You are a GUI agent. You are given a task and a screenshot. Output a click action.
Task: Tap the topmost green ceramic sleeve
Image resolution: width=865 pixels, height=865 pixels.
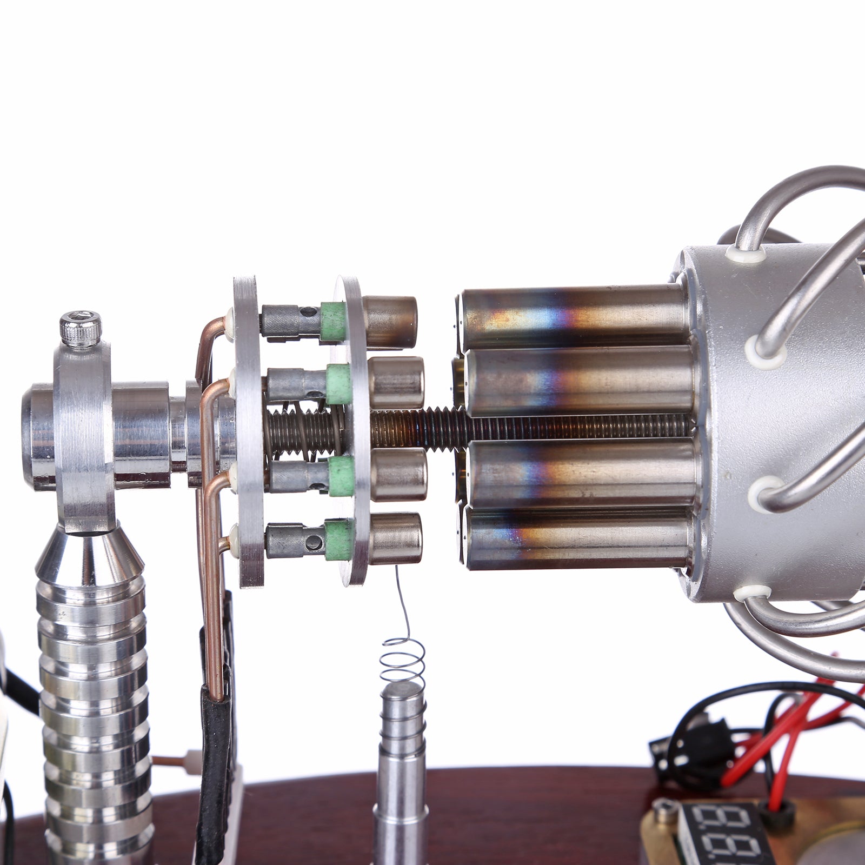click(x=333, y=321)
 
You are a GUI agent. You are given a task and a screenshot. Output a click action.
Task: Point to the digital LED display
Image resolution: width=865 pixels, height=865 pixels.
click(x=724, y=833)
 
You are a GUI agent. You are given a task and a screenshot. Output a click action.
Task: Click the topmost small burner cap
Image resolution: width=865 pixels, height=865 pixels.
click(x=390, y=322)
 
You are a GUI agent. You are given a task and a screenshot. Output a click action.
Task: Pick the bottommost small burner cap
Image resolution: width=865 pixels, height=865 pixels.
click(x=396, y=538)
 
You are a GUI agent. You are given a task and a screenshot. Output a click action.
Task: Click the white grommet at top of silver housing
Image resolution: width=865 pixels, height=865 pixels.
click(x=746, y=255)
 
